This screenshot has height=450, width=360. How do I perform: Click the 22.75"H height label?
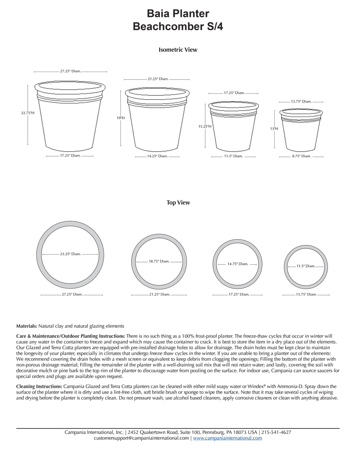(x=28, y=113)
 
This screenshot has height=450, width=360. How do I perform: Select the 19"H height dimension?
(x=121, y=118)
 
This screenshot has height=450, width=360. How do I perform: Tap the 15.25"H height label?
(x=205, y=126)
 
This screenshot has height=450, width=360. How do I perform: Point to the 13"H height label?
(x=274, y=129)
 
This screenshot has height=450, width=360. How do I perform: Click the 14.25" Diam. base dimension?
(x=157, y=156)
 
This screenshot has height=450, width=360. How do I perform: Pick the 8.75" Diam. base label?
(x=301, y=156)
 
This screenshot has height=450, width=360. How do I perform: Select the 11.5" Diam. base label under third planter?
(x=233, y=156)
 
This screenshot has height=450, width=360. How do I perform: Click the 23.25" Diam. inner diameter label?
(x=71, y=254)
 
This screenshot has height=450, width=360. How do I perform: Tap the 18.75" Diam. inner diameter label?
(x=159, y=261)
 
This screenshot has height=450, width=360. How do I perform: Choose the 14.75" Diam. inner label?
(x=238, y=264)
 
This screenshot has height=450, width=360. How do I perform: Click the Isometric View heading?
(x=178, y=50)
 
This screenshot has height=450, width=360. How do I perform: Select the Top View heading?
(x=178, y=203)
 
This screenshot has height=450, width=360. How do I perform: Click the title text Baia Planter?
(x=178, y=14)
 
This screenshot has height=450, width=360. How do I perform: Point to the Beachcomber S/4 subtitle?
(x=178, y=27)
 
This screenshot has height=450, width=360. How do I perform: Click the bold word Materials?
(x=27, y=326)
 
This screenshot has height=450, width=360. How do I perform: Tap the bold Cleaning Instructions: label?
(x=39, y=386)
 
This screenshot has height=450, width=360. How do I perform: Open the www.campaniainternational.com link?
(x=228, y=438)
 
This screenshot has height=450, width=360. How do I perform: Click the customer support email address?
(x=141, y=438)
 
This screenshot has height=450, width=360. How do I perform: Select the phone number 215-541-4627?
(x=276, y=432)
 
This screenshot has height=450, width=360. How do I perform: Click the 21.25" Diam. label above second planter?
(x=158, y=79)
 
